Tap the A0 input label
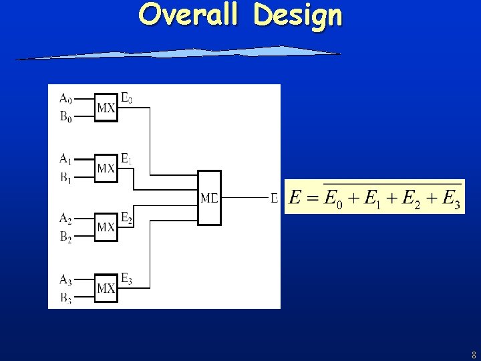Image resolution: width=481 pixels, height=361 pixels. pos(65,98)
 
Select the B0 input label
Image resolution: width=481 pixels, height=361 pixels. pos(65,117)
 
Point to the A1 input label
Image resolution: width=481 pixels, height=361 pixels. pos(65,159)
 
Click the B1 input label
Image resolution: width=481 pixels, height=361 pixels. pos(65,178)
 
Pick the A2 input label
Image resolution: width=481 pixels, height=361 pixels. pos(65,218)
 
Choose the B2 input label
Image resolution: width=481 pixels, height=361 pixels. pos(65,237)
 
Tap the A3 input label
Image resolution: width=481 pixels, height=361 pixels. pos(65,279)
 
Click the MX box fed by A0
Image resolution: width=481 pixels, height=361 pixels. pos(106,107)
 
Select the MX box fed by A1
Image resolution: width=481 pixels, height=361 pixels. pos(106,168)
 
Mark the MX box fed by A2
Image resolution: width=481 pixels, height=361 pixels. pos(106,227)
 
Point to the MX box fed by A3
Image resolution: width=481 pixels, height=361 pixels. pos(106,288)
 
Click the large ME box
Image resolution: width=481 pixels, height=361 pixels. pos(209,197)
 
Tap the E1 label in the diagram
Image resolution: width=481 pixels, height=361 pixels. pos(126,159)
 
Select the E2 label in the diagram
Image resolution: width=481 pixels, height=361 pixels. pos(126,218)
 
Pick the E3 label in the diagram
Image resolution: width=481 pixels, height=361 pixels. pos(126,279)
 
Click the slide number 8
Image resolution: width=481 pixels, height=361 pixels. pos(474,355)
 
